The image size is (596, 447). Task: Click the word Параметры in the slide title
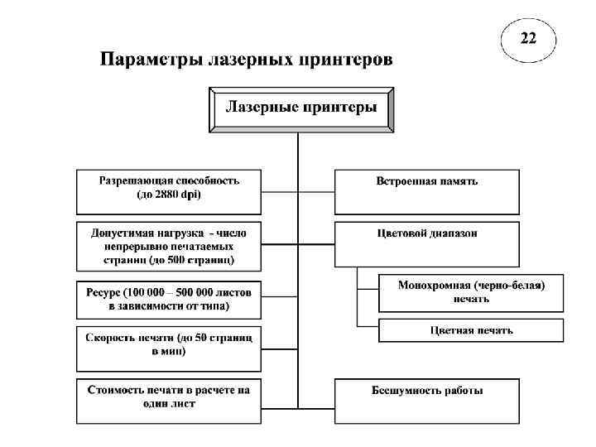151,60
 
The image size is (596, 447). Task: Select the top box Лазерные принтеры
302,108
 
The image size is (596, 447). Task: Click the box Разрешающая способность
168,190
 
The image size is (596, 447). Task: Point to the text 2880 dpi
177,195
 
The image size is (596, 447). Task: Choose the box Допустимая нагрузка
168,245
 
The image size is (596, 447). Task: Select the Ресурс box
168,299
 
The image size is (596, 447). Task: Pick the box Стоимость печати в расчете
168,398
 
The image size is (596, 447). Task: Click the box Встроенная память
426,190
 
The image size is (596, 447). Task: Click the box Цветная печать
470,330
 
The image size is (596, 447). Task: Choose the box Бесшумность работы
426,398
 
